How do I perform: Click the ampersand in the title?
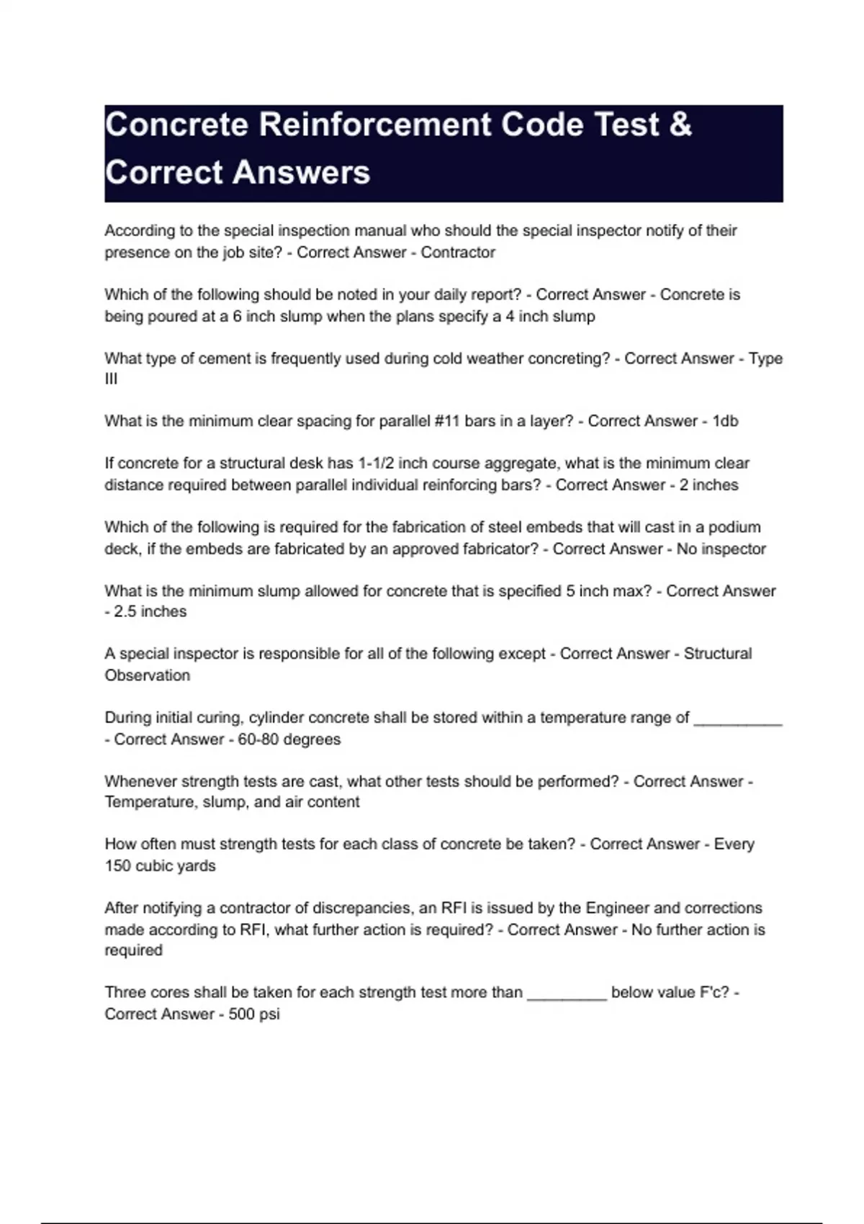(680, 125)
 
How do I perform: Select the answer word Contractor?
(458, 253)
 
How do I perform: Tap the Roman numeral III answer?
(111, 379)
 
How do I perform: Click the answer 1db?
(725, 421)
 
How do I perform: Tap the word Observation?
(148, 675)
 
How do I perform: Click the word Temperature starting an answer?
(148, 802)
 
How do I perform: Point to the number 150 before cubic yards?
(117, 865)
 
